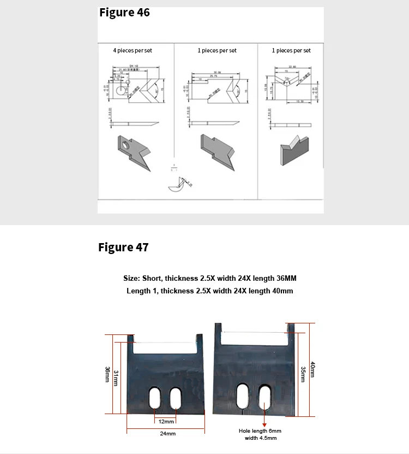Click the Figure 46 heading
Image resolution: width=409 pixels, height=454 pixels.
[x=124, y=13]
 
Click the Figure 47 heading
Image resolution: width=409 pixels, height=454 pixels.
[x=123, y=247]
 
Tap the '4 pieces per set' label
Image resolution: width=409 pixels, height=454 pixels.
[x=133, y=50]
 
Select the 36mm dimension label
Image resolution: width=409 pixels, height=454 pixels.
[x=107, y=375]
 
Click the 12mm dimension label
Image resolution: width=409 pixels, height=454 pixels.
[x=166, y=421]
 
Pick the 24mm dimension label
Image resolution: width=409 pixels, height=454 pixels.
[x=168, y=433]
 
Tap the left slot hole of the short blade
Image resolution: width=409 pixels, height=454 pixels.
[x=155, y=398]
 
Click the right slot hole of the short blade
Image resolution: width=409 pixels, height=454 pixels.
[x=176, y=398]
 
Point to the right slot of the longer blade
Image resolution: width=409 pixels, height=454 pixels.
[x=264, y=397]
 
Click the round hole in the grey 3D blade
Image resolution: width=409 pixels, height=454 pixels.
[x=126, y=144]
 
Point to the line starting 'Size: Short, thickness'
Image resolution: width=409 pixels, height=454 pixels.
[x=210, y=278]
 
